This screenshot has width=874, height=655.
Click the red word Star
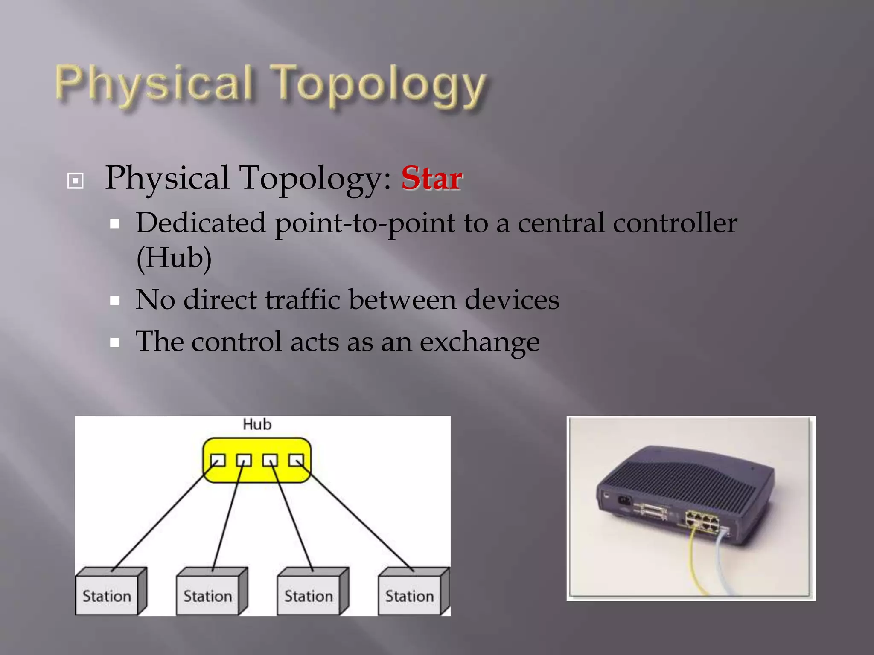click(x=431, y=178)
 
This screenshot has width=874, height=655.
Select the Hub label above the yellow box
click(x=257, y=425)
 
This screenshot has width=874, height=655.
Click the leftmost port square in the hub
click(x=218, y=461)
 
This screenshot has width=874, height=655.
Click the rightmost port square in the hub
click(x=296, y=461)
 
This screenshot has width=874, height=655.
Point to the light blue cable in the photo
click(x=721, y=563)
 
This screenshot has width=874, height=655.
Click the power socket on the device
click(x=624, y=499)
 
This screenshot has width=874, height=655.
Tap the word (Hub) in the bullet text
click(x=174, y=258)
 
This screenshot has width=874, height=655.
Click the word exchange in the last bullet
click(x=480, y=342)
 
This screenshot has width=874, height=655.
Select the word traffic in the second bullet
click(x=303, y=300)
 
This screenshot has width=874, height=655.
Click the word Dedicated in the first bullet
click(x=201, y=223)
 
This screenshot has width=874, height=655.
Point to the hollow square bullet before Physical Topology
click(x=76, y=181)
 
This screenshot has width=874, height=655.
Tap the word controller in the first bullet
click(x=675, y=223)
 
